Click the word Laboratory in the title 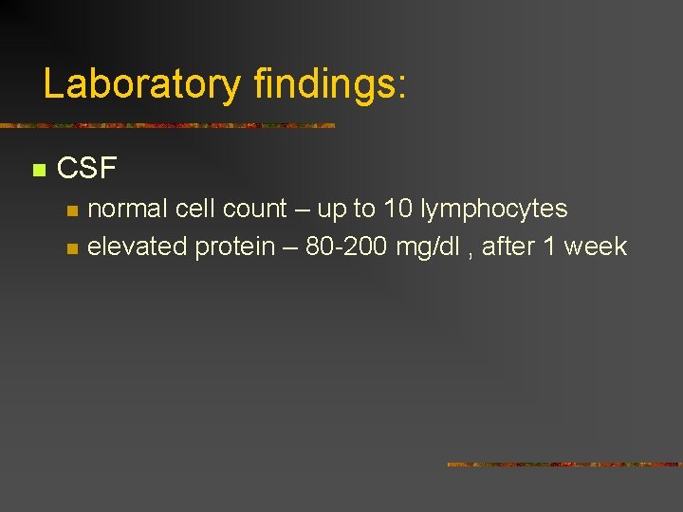coord(141,84)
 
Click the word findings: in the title coord(330,84)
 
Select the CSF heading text coord(86,169)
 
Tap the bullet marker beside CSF coord(38,171)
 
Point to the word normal coord(130,209)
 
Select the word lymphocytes coord(494,210)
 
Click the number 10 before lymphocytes coord(398,209)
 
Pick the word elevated coord(138,247)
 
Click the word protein coord(234,247)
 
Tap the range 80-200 coord(346,247)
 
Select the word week coord(596,247)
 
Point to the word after coord(508,247)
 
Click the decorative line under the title coord(167,125)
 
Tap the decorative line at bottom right coord(564,465)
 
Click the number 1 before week coord(549,247)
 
